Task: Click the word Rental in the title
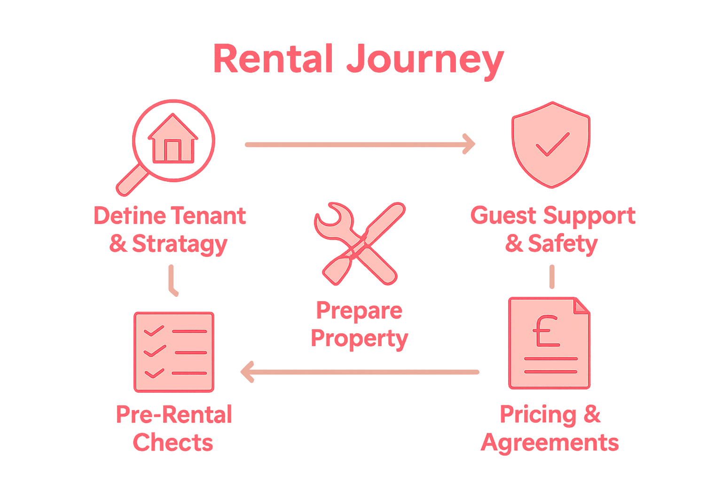tap(273, 59)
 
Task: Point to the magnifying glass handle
tap(130, 181)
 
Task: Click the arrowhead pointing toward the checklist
tap(248, 372)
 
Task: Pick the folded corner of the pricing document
tap(581, 305)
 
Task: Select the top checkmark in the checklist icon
tap(154, 331)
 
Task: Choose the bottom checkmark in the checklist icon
tap(154, 373)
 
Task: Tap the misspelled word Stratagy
tap(180, 244)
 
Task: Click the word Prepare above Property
tap(359, 311)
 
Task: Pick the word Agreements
tap(549, 443)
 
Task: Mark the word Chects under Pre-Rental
tap(173, 443)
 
